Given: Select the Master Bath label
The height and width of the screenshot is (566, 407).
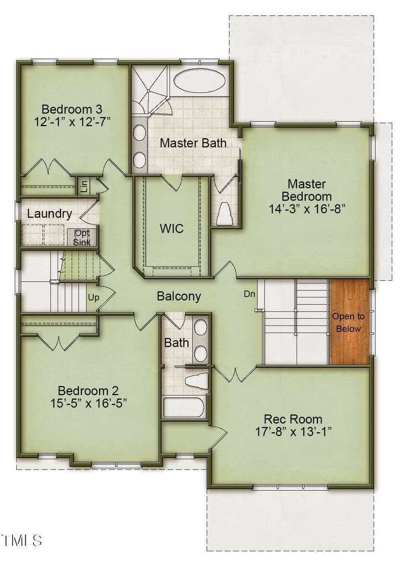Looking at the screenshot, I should (x=193, y=143).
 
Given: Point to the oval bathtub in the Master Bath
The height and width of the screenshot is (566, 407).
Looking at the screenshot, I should (x=200, y=81).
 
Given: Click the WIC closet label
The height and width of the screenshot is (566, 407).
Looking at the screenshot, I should (x=171, y=228).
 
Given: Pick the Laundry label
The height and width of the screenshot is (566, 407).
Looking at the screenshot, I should (x=49, y=214).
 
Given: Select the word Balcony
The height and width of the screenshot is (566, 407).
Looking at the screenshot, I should (x=179, y=296).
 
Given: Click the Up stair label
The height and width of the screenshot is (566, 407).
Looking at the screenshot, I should (x=94, y=297).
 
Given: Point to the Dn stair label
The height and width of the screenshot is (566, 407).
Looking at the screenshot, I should (x=249, y=294).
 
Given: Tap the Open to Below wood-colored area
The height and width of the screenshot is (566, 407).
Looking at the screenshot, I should (x=349, y=322).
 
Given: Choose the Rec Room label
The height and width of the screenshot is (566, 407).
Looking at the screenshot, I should (x=293, y=420).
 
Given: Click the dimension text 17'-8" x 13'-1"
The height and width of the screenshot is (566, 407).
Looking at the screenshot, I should (x=293, y=432).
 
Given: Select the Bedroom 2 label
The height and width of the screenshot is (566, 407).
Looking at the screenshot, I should (x=88, y=391).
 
